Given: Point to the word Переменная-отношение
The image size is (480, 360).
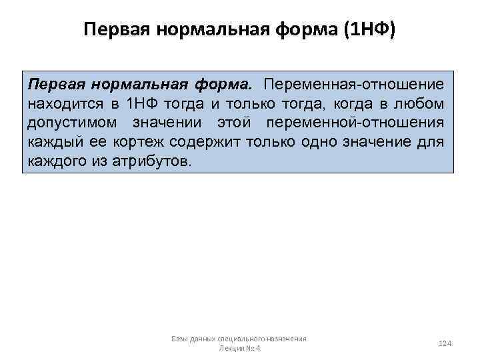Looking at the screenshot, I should pos(353,85).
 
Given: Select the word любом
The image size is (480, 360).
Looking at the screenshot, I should pos(421,104).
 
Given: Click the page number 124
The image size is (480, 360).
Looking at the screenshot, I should pos(445,343).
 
